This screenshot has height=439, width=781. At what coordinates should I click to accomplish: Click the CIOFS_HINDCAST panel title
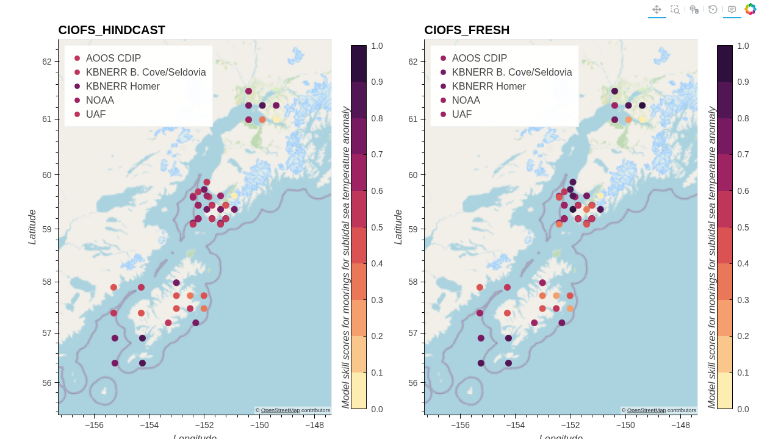click(112, 30)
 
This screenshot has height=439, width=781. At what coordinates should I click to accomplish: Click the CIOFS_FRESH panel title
click(467, 30)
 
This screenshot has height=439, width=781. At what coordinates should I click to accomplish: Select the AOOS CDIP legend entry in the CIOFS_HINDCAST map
click(113, 58)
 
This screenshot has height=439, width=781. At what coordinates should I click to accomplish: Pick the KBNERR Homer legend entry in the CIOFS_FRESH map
click(489, 86)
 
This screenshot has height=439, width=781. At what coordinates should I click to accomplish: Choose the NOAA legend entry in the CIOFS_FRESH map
click(466, 100)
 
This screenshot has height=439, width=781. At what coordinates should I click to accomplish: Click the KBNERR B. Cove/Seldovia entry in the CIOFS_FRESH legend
click(512, 72)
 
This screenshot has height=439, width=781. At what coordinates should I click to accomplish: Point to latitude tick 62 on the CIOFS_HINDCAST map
click(46, 62)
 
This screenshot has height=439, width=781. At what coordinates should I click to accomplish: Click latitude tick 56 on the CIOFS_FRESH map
click(412, 383)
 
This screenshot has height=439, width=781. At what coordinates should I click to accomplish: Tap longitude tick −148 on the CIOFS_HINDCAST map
click(314, 426)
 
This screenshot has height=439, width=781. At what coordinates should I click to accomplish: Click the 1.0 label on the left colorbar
click(377, 46)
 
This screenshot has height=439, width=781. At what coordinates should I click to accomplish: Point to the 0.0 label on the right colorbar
click(743, 409)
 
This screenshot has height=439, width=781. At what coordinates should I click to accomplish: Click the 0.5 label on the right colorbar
click(743, 227)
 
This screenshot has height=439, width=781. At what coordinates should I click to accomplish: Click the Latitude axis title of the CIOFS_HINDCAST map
click(32, 227)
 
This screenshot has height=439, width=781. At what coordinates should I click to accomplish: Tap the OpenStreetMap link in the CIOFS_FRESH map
click(646, 410)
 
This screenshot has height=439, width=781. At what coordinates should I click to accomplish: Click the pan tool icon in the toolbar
click(657, 9)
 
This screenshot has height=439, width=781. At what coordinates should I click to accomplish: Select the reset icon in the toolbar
click(713, 9)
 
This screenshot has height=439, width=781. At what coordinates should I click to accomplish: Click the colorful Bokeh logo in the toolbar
click(750, 9)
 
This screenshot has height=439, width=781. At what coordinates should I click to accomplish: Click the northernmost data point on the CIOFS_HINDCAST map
click(248, 91)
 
